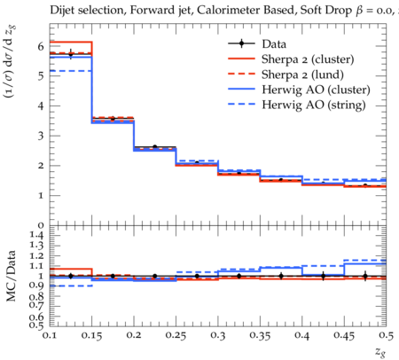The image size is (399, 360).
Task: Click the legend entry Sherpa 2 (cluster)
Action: pyautogui.click(x=308, y=59)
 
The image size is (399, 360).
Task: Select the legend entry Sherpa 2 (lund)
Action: pyautogui.click(x=302, y=74)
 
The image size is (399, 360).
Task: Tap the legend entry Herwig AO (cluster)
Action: pyautogui.click(x=316, y=90)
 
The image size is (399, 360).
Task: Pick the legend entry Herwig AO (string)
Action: pyautogui.click(x=314, y=105)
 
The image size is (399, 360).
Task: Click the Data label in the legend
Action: pyautogui.click(x=274, y=44)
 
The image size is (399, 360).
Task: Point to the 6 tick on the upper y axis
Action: pyautogui.click(x=41, y=46)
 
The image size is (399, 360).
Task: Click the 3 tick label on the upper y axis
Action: pyautogui.click(x=41, y=136)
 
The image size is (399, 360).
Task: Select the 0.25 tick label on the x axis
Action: pyautogui.click(x=176, y=335)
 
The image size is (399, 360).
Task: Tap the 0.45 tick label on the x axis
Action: pyautogui.click(x=344, y=335)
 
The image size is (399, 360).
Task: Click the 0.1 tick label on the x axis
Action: pyautogui.click(x=50, y=335)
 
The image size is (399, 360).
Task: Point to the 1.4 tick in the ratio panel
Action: pyautogui.click(x=37, y=235)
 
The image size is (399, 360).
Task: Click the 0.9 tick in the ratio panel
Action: pyautogui.click(x=37, y=286)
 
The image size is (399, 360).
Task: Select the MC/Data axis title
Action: pyautogui.click(x=11, y=276)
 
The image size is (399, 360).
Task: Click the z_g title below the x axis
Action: pyautogui.click(x=380, y=352)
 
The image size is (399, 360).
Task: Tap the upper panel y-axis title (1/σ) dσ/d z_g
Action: pyautogui.click(x=10, y=62)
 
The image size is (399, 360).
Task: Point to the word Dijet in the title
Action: pyautogui.click(x=62, y=11)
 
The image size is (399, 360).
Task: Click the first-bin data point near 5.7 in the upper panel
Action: pyautogui.click(x=70, y=54)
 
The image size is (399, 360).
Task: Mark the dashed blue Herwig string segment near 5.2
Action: pyautogui.click(x=71, y=71)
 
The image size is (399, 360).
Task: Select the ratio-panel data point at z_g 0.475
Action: pyautogui.click(x=365, y=277)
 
